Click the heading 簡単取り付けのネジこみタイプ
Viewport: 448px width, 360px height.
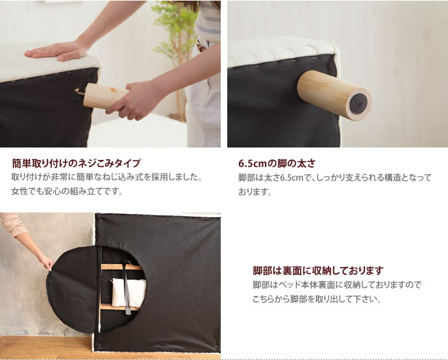pos(76,163)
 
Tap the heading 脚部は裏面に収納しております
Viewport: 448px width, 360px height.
pos(317,270)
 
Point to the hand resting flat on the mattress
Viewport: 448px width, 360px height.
pos(58,51)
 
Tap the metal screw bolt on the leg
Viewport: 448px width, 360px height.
pos(79,92)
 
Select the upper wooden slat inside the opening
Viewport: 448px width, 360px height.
pos(121,266)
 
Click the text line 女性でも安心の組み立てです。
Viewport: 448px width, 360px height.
pos(67,192)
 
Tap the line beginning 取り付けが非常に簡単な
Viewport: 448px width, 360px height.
pos(106,177)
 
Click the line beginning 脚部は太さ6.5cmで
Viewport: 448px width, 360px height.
pos(334,177)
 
